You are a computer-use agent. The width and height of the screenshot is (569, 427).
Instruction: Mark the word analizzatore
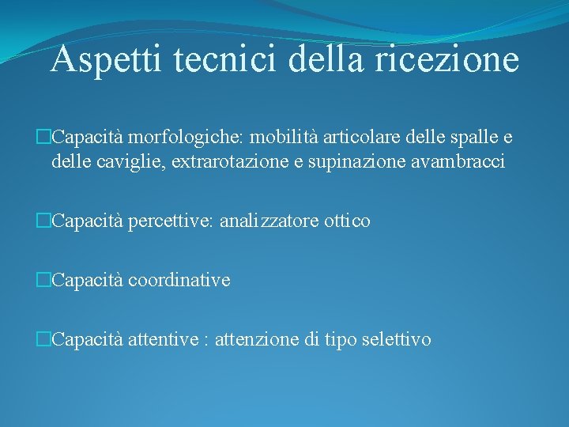[x=269, y=222]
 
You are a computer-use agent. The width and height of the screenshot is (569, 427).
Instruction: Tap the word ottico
[x=347, y=222]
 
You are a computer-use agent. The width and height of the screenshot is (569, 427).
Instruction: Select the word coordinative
[x=179, y=280]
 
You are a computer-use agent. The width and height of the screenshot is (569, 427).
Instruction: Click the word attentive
[x=164, y=340]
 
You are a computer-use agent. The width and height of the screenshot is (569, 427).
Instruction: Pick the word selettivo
[x=395, y=340]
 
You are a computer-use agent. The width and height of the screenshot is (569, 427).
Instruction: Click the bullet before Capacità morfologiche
[x=43, y=138]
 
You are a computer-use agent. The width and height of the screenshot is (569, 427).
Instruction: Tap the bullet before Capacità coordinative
[x=43, y=281]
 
